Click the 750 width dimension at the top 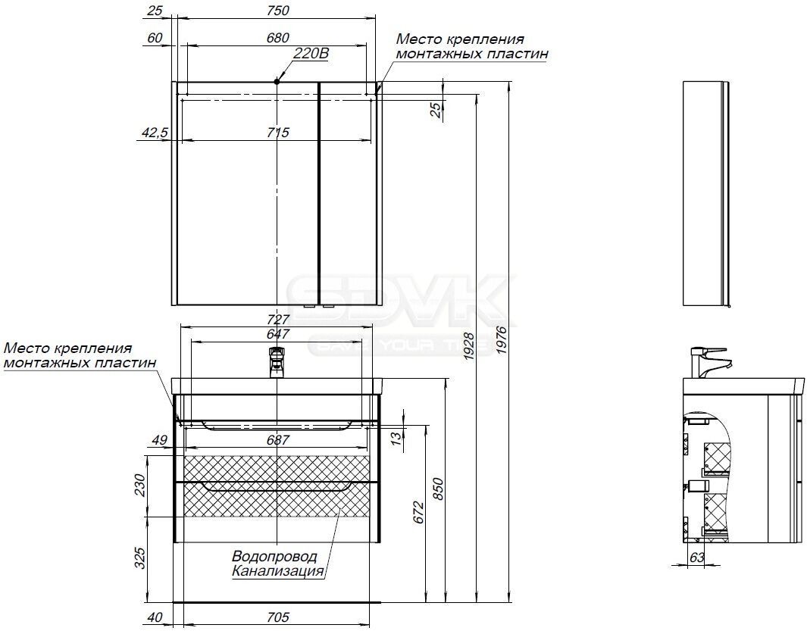(x=278, y=11)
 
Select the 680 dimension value (x=278, y=38)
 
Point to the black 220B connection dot (x=277, y=81)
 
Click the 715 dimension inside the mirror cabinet (x=278, y=133)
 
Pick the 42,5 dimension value (x=155, y=133)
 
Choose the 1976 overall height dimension (x=502, y=339)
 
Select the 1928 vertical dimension (x=469, y=345)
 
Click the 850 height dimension (x=437, y=489)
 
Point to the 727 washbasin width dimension (x=278, y=320)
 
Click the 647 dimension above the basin (x=278, y=334)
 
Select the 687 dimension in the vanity (x=278, y=440)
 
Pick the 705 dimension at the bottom (x=278, y=617)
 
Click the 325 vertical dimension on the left (x=140, y=558)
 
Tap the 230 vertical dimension (x=140, y=485)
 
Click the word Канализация (x=278, y=570)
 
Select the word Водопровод (x=274, y=557)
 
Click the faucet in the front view (x=277, y=363)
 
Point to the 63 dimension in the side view (x=697, y=558)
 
